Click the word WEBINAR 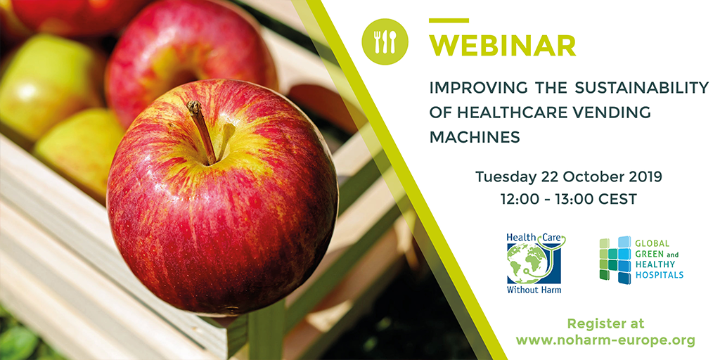(x=502, y=45)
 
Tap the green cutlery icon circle (x=385, y=41)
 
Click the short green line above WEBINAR (x=449, y=20)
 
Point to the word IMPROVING (x=473, y=88)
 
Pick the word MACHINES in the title (x=475, y=137)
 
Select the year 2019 (x=645, y=176)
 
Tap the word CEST (x=621, y=199)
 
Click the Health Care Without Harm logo (x=535, y=263)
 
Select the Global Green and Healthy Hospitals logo (x=641, y=260)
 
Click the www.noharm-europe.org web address (x=605, y=341)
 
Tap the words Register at (x=605, y=323)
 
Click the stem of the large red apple (x=202, y=131)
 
